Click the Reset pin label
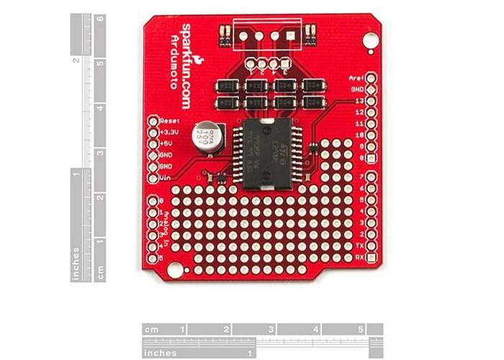point(171,122)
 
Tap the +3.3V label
point(169,132)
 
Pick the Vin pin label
point(166,177)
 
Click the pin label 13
point(357,102)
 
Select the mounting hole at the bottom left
point(175,268)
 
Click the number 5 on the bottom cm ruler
point(360,330)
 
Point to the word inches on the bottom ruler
point(161,353)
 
